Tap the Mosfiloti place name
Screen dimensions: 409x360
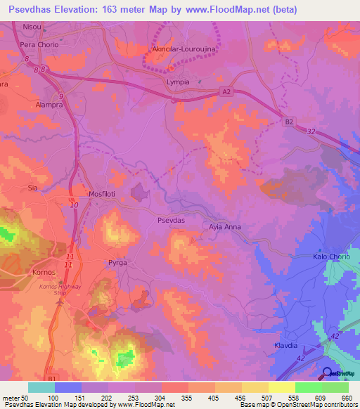(86, 193)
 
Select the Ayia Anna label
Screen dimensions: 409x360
(225, 227)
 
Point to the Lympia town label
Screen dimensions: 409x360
(178, 82)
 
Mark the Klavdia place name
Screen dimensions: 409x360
(286, 346)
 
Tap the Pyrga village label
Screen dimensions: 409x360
(116, 261)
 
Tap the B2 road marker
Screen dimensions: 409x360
(288, 122)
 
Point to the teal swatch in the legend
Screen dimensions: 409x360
(41, 387)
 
